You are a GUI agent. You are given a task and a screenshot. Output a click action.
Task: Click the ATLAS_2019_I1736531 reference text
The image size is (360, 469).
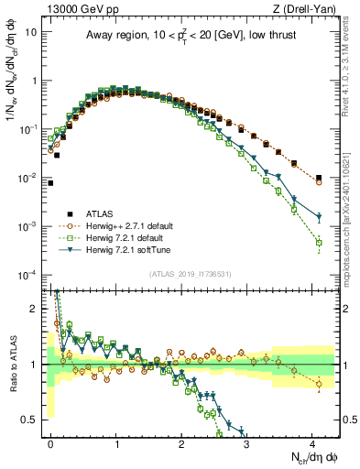[x=191, y=273]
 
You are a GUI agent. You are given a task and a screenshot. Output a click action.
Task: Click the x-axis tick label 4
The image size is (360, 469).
[x=313, y=442]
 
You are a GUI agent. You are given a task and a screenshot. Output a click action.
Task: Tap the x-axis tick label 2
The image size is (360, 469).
[x=182, y=442]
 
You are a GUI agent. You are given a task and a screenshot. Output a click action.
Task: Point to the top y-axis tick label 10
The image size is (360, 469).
[x=30, y=31]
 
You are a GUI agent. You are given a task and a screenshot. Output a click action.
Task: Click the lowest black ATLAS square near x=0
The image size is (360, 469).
[x=50, y=183]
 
